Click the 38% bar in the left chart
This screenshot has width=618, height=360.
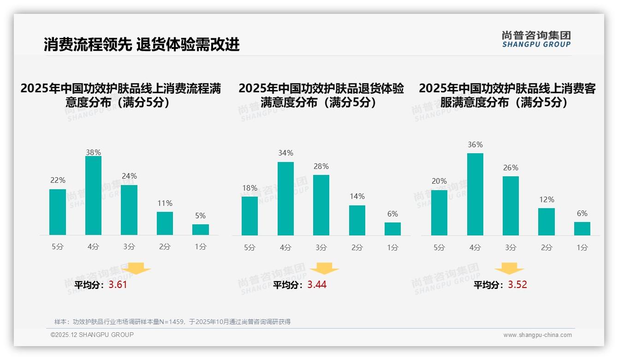click(93, 195)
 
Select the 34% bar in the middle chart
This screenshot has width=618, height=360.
click(285, 198)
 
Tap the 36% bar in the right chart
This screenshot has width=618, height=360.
click(475, 194)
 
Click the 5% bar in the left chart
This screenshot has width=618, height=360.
click(200, 229)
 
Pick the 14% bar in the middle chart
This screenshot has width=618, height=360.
click(357, 220)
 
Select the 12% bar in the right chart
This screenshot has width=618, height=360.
click(547, 222)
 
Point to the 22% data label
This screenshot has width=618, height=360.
click(58, 180)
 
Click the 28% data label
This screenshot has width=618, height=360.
click(321, 166)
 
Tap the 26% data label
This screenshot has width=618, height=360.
click(511, 168)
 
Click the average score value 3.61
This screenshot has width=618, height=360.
click(118, 285)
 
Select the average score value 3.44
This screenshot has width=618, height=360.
click(317, 285)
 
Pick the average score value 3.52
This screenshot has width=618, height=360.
click(517, 285)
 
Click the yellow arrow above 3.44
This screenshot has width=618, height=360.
click(324, 269)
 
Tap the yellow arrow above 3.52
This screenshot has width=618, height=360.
click(509, 269)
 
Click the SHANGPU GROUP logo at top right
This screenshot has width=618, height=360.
click(536, 39)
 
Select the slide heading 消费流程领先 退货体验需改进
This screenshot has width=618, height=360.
click(142, 44)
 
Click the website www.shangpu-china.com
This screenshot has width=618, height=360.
click(537, 335)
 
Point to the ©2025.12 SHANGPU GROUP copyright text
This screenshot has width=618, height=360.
click(92, 335)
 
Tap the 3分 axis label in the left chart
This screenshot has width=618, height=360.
click(129, 247)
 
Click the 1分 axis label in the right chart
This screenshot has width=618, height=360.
click(582, 247)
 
